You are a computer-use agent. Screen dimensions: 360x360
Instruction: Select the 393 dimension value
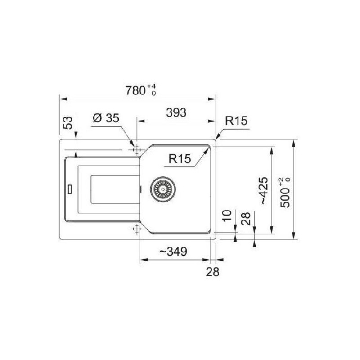pos(176,112)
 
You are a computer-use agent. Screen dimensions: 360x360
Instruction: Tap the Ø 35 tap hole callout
pos(106,118)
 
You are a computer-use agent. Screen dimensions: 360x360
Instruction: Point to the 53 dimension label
pos(68,123)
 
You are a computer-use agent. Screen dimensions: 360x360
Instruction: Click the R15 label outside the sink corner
pos(236,121)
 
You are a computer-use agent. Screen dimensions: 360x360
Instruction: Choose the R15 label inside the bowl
pos(180,158)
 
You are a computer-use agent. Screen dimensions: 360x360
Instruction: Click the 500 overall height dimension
pos(285,193)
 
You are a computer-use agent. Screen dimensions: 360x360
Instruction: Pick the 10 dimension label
pos(227,216)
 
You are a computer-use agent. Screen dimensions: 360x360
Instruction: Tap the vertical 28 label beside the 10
pos(246,219)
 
